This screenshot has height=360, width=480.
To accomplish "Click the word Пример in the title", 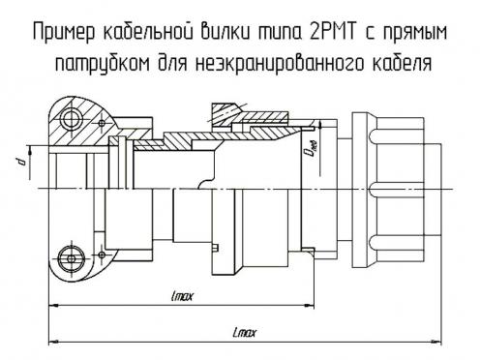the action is (64, 32).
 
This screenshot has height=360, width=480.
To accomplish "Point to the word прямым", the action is (415, 32).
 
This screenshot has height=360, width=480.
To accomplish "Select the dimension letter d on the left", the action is (21, 161).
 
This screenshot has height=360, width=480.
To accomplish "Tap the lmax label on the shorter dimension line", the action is (183, 296).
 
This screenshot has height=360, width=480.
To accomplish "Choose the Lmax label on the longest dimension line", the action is (245, 332).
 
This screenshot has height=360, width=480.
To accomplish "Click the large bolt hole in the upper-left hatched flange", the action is (73, 119).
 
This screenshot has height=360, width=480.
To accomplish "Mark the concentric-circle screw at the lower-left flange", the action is (71, 258).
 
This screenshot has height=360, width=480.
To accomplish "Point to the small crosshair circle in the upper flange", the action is (102, 123).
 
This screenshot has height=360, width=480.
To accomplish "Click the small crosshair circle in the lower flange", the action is (102, 255).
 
